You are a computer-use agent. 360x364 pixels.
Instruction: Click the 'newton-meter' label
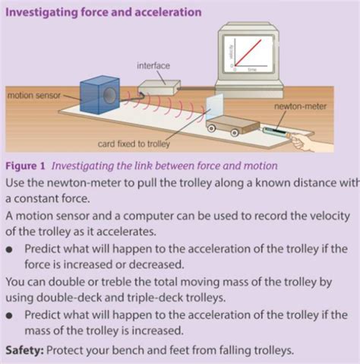(300, 107)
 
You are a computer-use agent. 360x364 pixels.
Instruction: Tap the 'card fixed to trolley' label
(133, 144)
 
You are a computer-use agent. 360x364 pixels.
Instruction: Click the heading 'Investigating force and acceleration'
(103, 13)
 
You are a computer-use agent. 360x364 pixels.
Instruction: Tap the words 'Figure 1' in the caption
(27, 166)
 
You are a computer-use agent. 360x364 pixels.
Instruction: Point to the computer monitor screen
(249, 52)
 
